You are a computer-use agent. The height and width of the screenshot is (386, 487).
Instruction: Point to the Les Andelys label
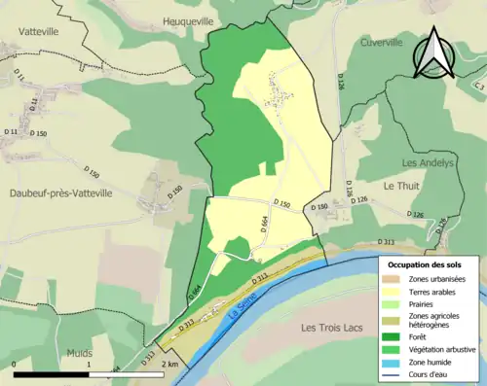point(428,163)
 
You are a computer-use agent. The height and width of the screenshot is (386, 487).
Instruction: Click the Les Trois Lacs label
point(332,328)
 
